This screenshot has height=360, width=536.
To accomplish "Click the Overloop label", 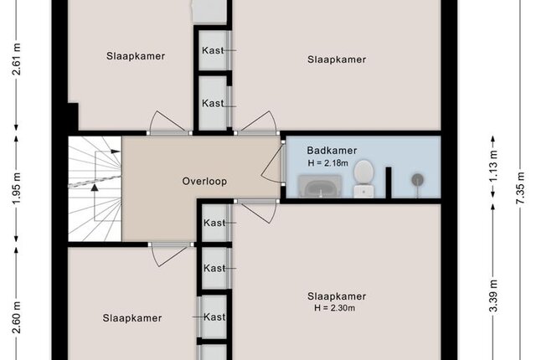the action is pyautogui.click(x=204, y=181).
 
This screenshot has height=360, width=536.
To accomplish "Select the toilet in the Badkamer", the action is pyautogui.click(x=363, y=179).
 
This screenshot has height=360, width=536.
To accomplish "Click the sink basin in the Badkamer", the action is pyautogui.click(x=320, y=187).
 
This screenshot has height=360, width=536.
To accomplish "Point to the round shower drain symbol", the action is pyautogui.click(x=417, y=180).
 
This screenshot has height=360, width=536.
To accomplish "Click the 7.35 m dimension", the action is pyautogui.click(x=519, y=188).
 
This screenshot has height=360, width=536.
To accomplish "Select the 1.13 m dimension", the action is pyautogui.click(x=492, y=167).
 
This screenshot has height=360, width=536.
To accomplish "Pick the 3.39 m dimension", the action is pyautogui.click(x=492, y=296).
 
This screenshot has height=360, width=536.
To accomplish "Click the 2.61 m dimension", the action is pyautogui.click(x=17, y=59).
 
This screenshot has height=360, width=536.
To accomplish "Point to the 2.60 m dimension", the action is pyautogui.click(x=17, y=317).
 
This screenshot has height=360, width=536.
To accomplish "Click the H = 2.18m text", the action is pyautogui.click(x=327, y=163).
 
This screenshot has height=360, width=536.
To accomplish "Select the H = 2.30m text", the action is pyautogui.click(x=335, y=308).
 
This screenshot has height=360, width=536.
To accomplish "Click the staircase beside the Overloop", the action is pyautogui.click(x=95, y=189).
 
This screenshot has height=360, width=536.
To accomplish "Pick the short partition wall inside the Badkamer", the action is pyautogui.click(x=389, y=183).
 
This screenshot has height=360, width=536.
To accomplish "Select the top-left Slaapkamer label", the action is pyautogui.click(x=136, y=56).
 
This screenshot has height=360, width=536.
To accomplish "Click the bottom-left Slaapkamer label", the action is pyautogui.click(x=132, y=318).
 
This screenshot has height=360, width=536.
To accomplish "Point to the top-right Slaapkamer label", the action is pyautogui.click(x=337, y=59).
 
